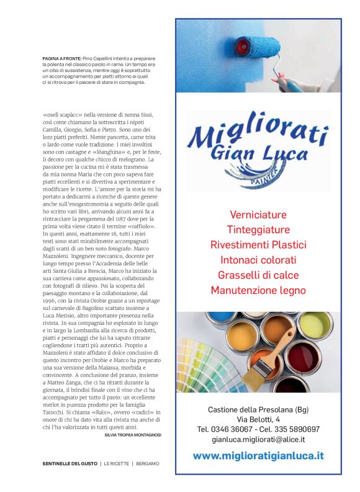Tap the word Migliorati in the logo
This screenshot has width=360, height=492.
coord(257,131)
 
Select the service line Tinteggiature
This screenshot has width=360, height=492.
coord(258,230)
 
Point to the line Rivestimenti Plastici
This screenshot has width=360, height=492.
coord(258,245)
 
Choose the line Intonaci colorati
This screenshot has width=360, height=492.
coord(258,260)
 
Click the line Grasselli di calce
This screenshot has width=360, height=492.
coord(258,275)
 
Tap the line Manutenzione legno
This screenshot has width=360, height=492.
coord(258,290)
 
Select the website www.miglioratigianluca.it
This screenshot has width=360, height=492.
coord(258,455)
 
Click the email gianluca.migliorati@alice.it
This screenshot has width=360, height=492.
coord(258,439)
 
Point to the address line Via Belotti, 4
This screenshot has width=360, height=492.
coord(258,419)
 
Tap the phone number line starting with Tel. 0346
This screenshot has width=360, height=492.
coord(258,429)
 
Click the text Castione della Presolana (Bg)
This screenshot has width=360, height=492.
coord(258,409)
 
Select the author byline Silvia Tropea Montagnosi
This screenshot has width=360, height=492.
coord(133,435)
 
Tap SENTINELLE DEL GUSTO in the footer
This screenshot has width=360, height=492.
coord(70,463)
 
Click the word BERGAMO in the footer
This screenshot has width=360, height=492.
coord(148,463)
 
